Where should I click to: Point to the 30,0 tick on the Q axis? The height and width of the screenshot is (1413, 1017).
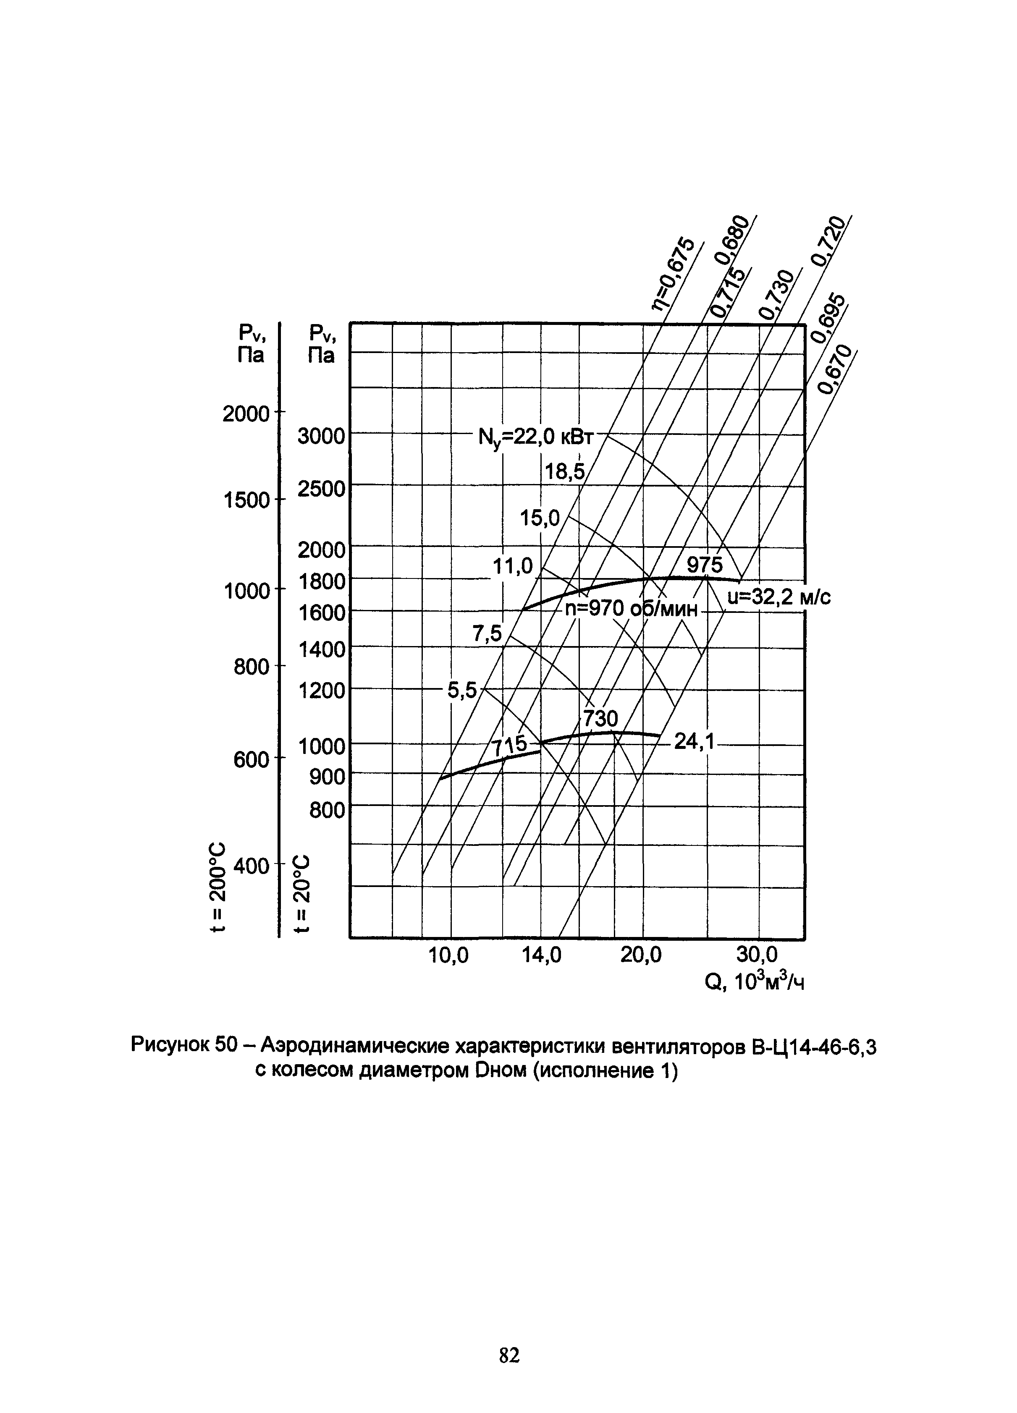[757, 955]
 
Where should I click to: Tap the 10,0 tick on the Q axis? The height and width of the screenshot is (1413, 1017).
[449, 955]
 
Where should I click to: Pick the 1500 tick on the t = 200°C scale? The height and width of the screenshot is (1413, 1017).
[246, 500]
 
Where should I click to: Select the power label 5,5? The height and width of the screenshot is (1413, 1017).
[462, 690]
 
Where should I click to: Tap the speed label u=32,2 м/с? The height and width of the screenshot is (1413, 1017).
[779, 597]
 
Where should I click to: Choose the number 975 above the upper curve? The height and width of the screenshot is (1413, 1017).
[705, 565]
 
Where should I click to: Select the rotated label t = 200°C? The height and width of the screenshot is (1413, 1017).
[218, 885]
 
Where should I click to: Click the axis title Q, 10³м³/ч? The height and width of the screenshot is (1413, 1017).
[754, 982]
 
